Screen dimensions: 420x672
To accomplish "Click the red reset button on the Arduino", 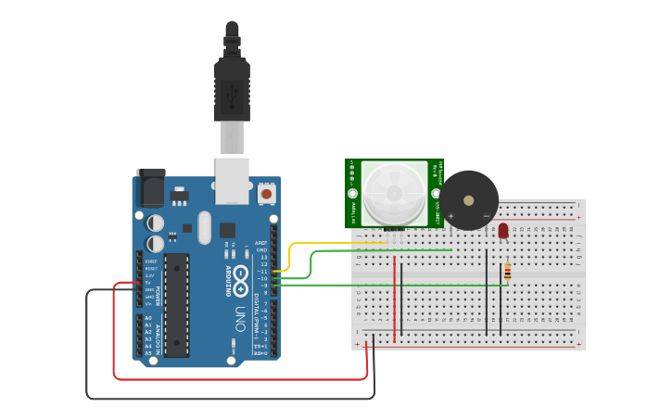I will coord(267,194).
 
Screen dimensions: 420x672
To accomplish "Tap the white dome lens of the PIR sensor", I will coord(395,192).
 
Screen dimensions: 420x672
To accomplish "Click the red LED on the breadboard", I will coord(503,231).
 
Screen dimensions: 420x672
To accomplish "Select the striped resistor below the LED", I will coord(507,271).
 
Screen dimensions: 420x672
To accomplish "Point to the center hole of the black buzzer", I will coord(469,198).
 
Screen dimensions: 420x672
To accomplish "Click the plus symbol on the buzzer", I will coord(451,216).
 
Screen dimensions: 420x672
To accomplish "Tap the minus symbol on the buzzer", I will coord(486,216).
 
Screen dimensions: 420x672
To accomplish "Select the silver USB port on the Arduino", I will coord(232,180).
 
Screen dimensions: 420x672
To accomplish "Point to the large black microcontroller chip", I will coord(177,305).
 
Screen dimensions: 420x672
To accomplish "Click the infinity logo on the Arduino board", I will coord(240,275).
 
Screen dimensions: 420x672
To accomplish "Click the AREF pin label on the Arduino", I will coord(262,243).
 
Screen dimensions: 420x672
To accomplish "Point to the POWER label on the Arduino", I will coord(158,294).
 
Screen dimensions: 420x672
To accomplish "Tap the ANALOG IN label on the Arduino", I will coord(158,338).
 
